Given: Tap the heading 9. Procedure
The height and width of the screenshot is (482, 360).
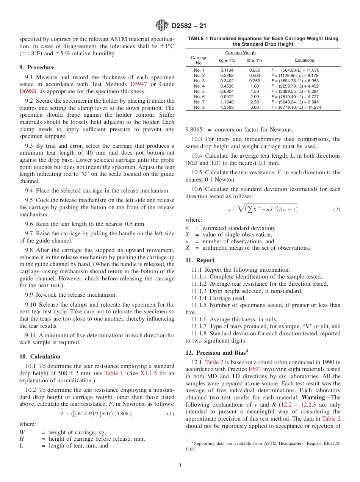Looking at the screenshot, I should click(37, 67).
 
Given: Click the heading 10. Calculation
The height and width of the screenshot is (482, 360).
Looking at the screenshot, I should click(40, 356).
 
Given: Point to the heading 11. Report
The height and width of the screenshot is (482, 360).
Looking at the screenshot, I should click(200, 260).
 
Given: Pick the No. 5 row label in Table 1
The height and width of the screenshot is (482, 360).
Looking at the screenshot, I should click(199, 91).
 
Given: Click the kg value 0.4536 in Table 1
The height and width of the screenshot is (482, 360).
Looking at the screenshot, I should click(227, 86).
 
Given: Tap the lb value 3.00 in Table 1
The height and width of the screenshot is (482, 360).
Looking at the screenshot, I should click(255, 107).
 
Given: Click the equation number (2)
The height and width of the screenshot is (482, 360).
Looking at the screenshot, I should click(336, 209).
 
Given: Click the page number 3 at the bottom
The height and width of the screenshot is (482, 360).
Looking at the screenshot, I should click(180, 466).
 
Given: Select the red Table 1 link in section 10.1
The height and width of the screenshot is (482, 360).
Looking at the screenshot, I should click(114, 373).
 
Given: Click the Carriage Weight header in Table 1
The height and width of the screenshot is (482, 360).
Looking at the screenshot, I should click(241, 53).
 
